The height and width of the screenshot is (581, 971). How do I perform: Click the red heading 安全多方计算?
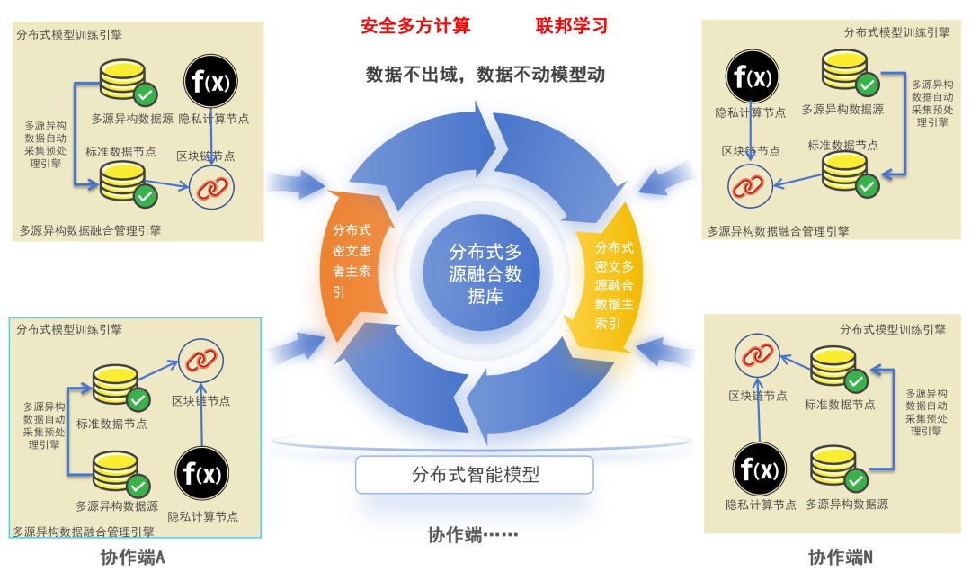pos(415,25)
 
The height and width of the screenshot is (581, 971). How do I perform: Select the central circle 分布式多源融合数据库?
pos(485,273)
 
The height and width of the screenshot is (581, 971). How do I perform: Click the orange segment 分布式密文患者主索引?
pos(353,261)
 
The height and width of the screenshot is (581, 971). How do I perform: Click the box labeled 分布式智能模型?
pos(475,474)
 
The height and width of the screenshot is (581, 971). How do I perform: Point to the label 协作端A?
pos(133,558)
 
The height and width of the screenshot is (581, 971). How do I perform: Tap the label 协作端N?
pos(841,558)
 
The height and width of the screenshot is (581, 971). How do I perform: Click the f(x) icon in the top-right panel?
pos(753,76)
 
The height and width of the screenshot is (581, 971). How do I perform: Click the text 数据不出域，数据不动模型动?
pos(485,74)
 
